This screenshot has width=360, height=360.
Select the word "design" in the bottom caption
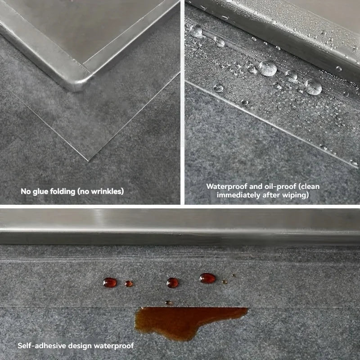click(78, 346)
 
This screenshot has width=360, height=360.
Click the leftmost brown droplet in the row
click(110, 283)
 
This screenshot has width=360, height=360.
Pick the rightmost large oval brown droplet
click(207, 278)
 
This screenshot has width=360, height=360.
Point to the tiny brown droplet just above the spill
click(168, 302)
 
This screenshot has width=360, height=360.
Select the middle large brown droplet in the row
click(172, 283)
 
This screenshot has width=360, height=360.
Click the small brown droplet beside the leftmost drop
click(129, 283)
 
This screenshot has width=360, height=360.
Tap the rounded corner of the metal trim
click(79, 83)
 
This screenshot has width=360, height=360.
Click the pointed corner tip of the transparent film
click(89, 160)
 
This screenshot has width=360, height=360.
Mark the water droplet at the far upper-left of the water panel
click(196, 31)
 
